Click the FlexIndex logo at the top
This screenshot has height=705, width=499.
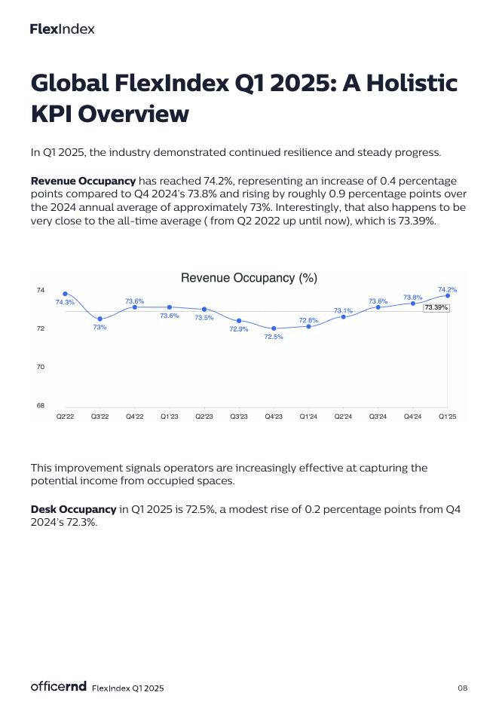[x=63, y=29]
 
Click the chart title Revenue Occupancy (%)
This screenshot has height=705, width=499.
[x=249, y=278]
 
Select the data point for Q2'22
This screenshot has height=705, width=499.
[x=66, y=294]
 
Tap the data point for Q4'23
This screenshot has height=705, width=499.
[x=274, y=328]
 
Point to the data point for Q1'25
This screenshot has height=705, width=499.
[x=448, y=295]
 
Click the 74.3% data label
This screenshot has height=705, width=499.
[x=65, y=303]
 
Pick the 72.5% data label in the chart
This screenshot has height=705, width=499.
[x=274, y=337]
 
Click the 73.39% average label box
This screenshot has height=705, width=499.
[x=436, y=307]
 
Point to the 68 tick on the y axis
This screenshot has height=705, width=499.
[x=40, y=405]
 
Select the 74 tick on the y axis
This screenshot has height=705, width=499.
[x=40, y=290]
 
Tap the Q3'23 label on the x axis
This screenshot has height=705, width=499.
[x=239, y=416]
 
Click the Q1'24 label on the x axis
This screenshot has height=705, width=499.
[x=308, y=416]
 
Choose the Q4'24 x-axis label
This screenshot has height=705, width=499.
[x=412, y=416]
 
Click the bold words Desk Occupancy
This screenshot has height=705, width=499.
[x=73, y=510]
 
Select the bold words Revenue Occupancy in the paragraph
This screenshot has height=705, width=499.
[x=83, y=182]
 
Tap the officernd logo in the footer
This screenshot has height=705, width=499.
[x=59, y=686]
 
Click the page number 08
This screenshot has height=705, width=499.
[x=463, y=688]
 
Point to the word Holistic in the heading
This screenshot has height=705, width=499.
[x=409, y=83]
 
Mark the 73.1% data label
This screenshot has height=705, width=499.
[x=343, y=310]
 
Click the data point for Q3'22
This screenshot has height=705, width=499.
[x=99, y=319]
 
